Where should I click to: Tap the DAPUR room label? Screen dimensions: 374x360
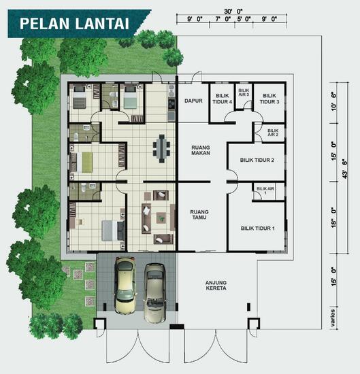(x=195, y=101)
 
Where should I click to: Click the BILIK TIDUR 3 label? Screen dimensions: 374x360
(x=270, y=99)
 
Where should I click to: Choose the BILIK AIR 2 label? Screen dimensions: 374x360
(x=273, y=132)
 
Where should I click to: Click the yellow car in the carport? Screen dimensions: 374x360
(x=125, y=285)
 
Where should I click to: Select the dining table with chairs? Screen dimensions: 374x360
(x=162, y=147)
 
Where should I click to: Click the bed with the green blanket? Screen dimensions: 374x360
(x=87, y=160)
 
